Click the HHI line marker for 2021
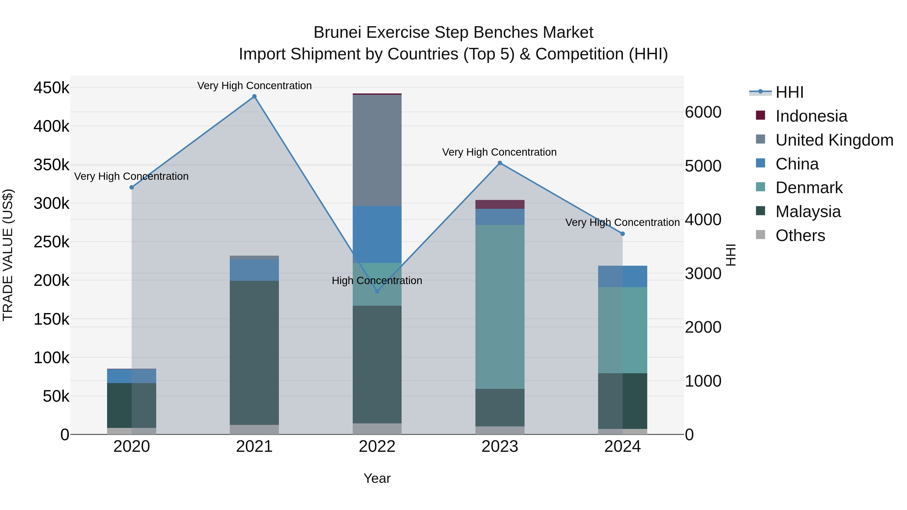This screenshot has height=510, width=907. [x=254, y=96]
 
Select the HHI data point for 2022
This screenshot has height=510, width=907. [x=377, y=291]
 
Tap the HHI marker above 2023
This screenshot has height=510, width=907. [x=500, y=163]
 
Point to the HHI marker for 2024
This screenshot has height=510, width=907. [x=623, y=234]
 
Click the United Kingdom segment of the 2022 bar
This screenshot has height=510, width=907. [x=377, y=150]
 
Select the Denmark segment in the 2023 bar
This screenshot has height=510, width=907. [x=500, y=307]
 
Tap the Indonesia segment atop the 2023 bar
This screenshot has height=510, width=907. [x=500, y=205]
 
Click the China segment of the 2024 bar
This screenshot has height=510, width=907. [x=623, y=276]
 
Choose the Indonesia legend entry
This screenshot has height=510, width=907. [x=811, y=116]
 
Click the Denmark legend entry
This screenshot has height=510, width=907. [x=809, y=188]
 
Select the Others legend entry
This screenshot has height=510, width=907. [x=800, y=235]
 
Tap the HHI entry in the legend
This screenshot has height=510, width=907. [x=789, y=92]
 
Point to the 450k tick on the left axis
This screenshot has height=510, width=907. [x=51, y=88]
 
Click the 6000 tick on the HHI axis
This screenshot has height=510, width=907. [x=703, y=112]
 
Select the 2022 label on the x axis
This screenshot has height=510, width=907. [x=377, y=447]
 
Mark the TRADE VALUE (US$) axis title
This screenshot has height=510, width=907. [x=8, y=255]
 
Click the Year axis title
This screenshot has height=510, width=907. [x=377, y=478]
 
